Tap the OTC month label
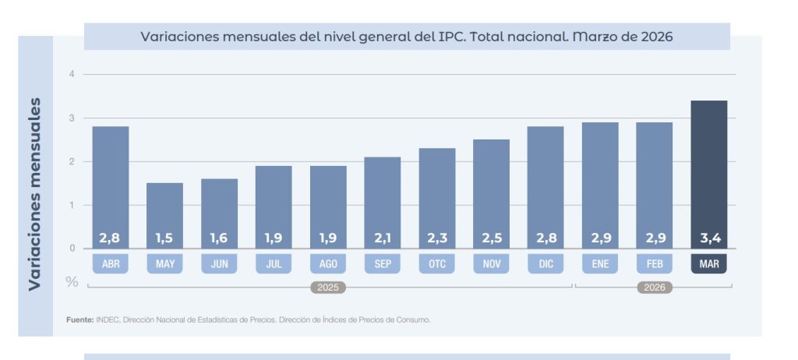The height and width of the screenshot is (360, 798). pyautogui.click(x=436, y=264)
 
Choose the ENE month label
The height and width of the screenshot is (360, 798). pyautogui.click(x=600, y=264)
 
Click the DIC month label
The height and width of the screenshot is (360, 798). pyautogui.click(x=546, y=264)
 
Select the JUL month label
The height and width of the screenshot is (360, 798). pyautogui.click(x=274, y=264)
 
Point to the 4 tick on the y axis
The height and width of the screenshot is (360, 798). pyautogui.click(x=72, y=74)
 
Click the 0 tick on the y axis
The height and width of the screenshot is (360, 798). pyautogui.click(x=72, y=249)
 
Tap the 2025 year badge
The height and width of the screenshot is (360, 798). pyautogui.click(x=328, y=288)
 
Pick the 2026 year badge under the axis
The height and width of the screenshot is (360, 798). pyautogui.click(x=654, y=288)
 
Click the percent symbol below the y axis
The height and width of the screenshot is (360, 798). pyautogui.click(x=72, y=281)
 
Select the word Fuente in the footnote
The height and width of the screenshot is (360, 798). pyautogui.click(x=79, y=319)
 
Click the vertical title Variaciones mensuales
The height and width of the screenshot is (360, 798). pyautogui.click(x=34, y=193)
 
